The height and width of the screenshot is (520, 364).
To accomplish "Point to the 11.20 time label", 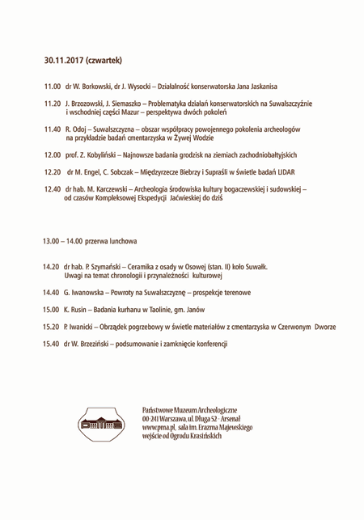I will tap(53, 104).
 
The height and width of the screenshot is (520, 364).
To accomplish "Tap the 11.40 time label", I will tap(53, 129).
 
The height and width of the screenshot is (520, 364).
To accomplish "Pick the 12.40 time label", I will tap(53, 188).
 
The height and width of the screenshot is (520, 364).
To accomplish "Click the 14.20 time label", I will tap(53, 266).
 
